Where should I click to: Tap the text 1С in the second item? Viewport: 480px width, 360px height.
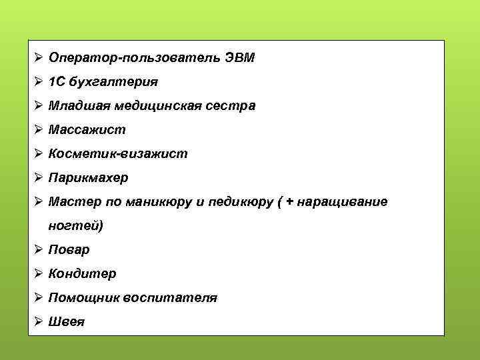click(x=56, y=82)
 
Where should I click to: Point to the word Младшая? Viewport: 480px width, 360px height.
click(x=78, y=106)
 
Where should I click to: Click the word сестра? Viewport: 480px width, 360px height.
click(x=233, y=106)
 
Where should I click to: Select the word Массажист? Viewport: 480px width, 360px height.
click(x=87, y=130)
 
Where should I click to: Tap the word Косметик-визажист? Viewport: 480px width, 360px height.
click(x=118, y=154)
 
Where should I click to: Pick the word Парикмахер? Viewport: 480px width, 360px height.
click(x=89, y=178)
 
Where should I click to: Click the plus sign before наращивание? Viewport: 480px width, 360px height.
click(x=289, y=202)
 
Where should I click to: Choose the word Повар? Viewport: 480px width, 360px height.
click(x=69, y=250)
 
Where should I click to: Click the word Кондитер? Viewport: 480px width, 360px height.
click(x=82, y=274)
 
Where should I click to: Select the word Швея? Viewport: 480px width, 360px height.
click(x=67, y=322)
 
